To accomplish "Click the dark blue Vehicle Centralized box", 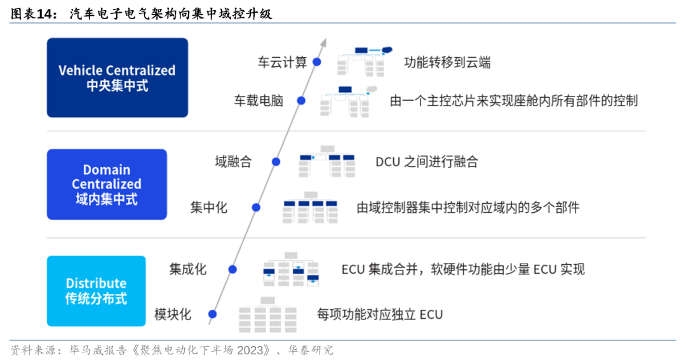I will pos(117,77).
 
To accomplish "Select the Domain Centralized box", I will pos(107,184).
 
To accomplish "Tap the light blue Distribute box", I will pos(96,291).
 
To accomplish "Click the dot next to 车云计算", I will pos(316,62).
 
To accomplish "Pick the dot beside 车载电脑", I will pos(301,100).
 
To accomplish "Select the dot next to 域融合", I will pos(276,162).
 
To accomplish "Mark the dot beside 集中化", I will pos(256,207).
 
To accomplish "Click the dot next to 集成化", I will pos(232,269).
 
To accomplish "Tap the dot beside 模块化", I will pos(213,314).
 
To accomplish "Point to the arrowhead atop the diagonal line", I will pos(323,42).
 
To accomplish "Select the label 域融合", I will pos(233,162).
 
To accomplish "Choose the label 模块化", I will pos(172,314).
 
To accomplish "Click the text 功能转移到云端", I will pos(447,62).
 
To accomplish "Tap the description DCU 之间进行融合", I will pos(426,162).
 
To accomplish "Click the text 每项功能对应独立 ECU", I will pos(379,314).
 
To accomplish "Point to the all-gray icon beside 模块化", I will pos(268,311).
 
